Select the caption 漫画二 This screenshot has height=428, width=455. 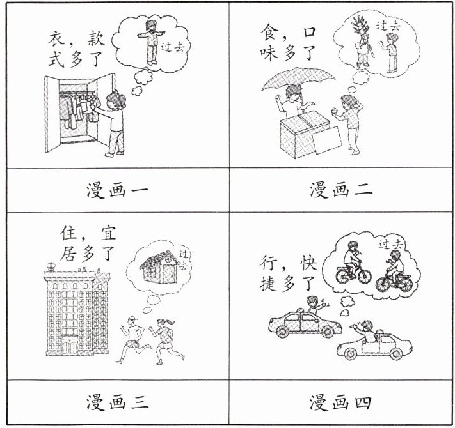point(342,190)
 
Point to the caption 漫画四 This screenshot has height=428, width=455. point(342,403)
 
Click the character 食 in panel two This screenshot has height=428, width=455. point(269,32)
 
